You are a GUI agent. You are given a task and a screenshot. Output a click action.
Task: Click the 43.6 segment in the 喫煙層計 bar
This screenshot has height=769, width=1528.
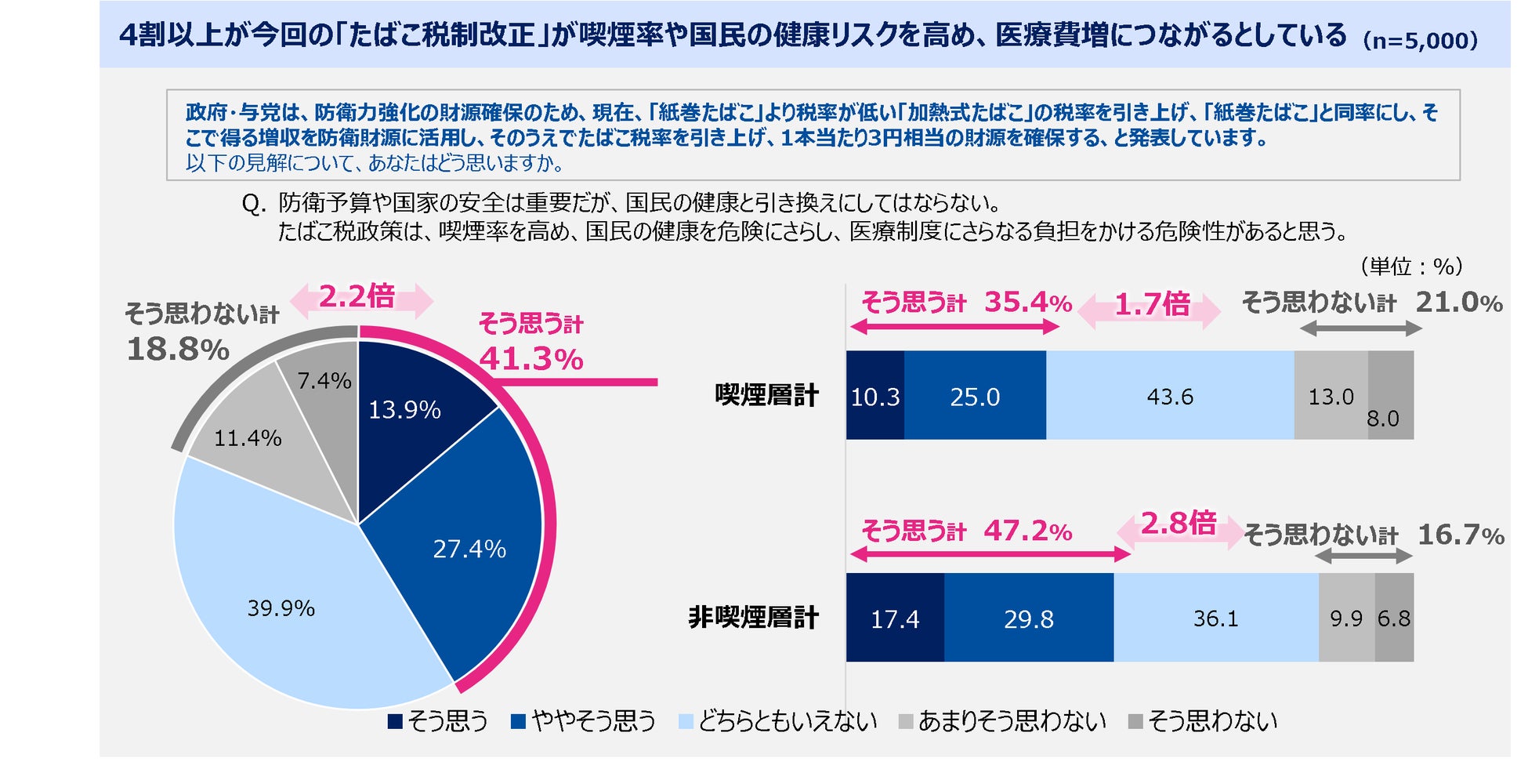(x=1169, y=396)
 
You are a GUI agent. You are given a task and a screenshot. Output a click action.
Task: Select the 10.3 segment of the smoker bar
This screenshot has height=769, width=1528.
(x=874, y=396)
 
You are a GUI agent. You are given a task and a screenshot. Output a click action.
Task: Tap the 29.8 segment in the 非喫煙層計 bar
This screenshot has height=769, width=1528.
(x=1028, y=618)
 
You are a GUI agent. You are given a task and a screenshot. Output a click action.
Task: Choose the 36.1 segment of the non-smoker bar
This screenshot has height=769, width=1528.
(x=1215, y=618)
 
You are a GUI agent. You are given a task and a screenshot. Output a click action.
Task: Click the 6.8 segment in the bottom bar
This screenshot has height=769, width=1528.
(x=1394, y=618)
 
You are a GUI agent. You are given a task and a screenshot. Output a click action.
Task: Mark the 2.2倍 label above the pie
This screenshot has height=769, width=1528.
(x=358, y=296)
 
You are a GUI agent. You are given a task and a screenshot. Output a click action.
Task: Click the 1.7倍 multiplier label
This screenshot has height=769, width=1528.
(x=1151, y=304)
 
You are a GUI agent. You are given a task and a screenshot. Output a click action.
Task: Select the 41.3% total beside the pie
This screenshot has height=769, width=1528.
(x=531, y=359)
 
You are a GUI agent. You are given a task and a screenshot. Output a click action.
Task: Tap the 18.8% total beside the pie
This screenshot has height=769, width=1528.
(x=178, y=349)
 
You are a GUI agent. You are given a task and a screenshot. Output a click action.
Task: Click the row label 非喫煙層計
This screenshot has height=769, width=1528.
(x=753, y=618)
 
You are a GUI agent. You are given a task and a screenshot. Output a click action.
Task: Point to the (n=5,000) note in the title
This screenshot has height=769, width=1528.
(x=1420, y=40)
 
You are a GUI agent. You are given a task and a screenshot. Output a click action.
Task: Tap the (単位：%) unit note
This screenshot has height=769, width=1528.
(x=1411, y=267)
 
